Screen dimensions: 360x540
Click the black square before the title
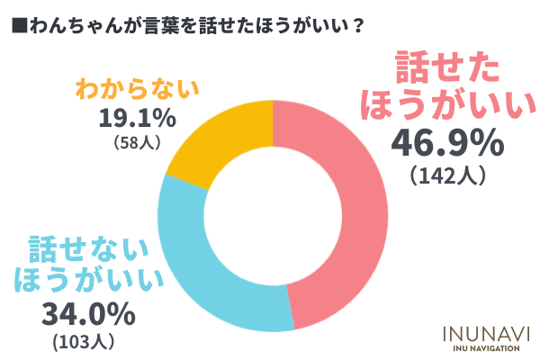point(17,24)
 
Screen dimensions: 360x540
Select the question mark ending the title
point(359,24)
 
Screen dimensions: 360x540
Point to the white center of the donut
point(273,215)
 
